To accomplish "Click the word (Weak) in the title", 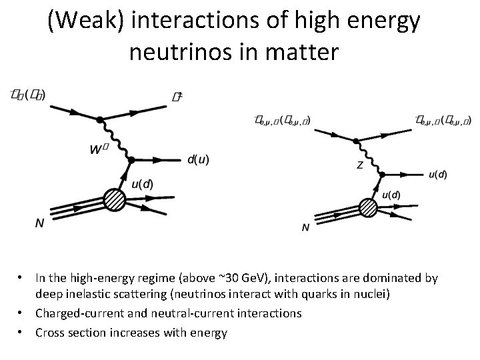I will pyautogui.click(x=87, y=22).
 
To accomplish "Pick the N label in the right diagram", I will pyautogui.click(x=305, y=227).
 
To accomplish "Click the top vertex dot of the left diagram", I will pyautogui.click(x=99, y=120).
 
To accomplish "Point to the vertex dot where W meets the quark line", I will pyautogui.click(x=131, y=160).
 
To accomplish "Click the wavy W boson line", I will pyautogui.click(x=115, y=140).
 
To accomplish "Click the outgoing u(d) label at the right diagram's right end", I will pyautogui.click(x=438, y=175).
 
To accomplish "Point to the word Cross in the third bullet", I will pyautogui.click(x=50, y=331).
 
